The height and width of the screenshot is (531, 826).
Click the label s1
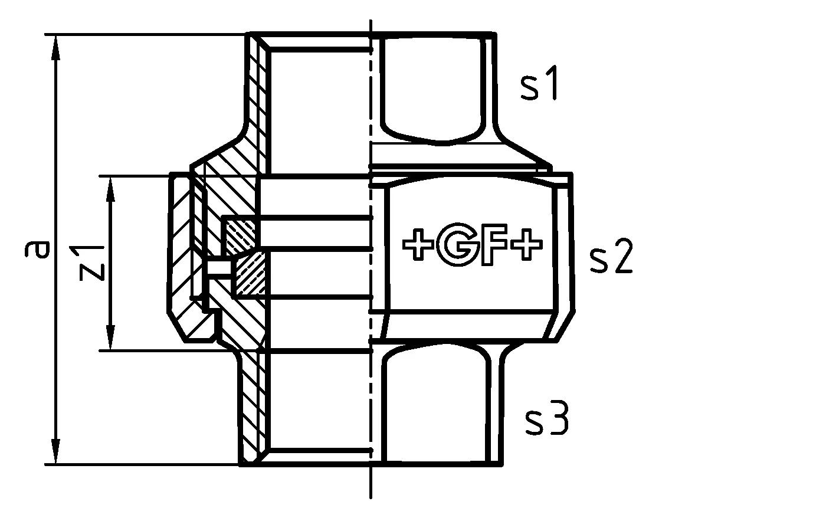(x=539, y=86)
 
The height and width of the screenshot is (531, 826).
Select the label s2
(x=611, y=258)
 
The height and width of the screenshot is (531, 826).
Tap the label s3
(x=547, y=420)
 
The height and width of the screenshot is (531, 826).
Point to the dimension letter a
(x=37, y=250)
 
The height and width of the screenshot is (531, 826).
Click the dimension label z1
(x=93, y=263)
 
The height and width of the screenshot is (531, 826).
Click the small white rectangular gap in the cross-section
(x=218, y=268)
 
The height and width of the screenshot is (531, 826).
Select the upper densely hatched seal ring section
(x=241, y=232)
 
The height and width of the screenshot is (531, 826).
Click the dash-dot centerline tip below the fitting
(x=371, y=493)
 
